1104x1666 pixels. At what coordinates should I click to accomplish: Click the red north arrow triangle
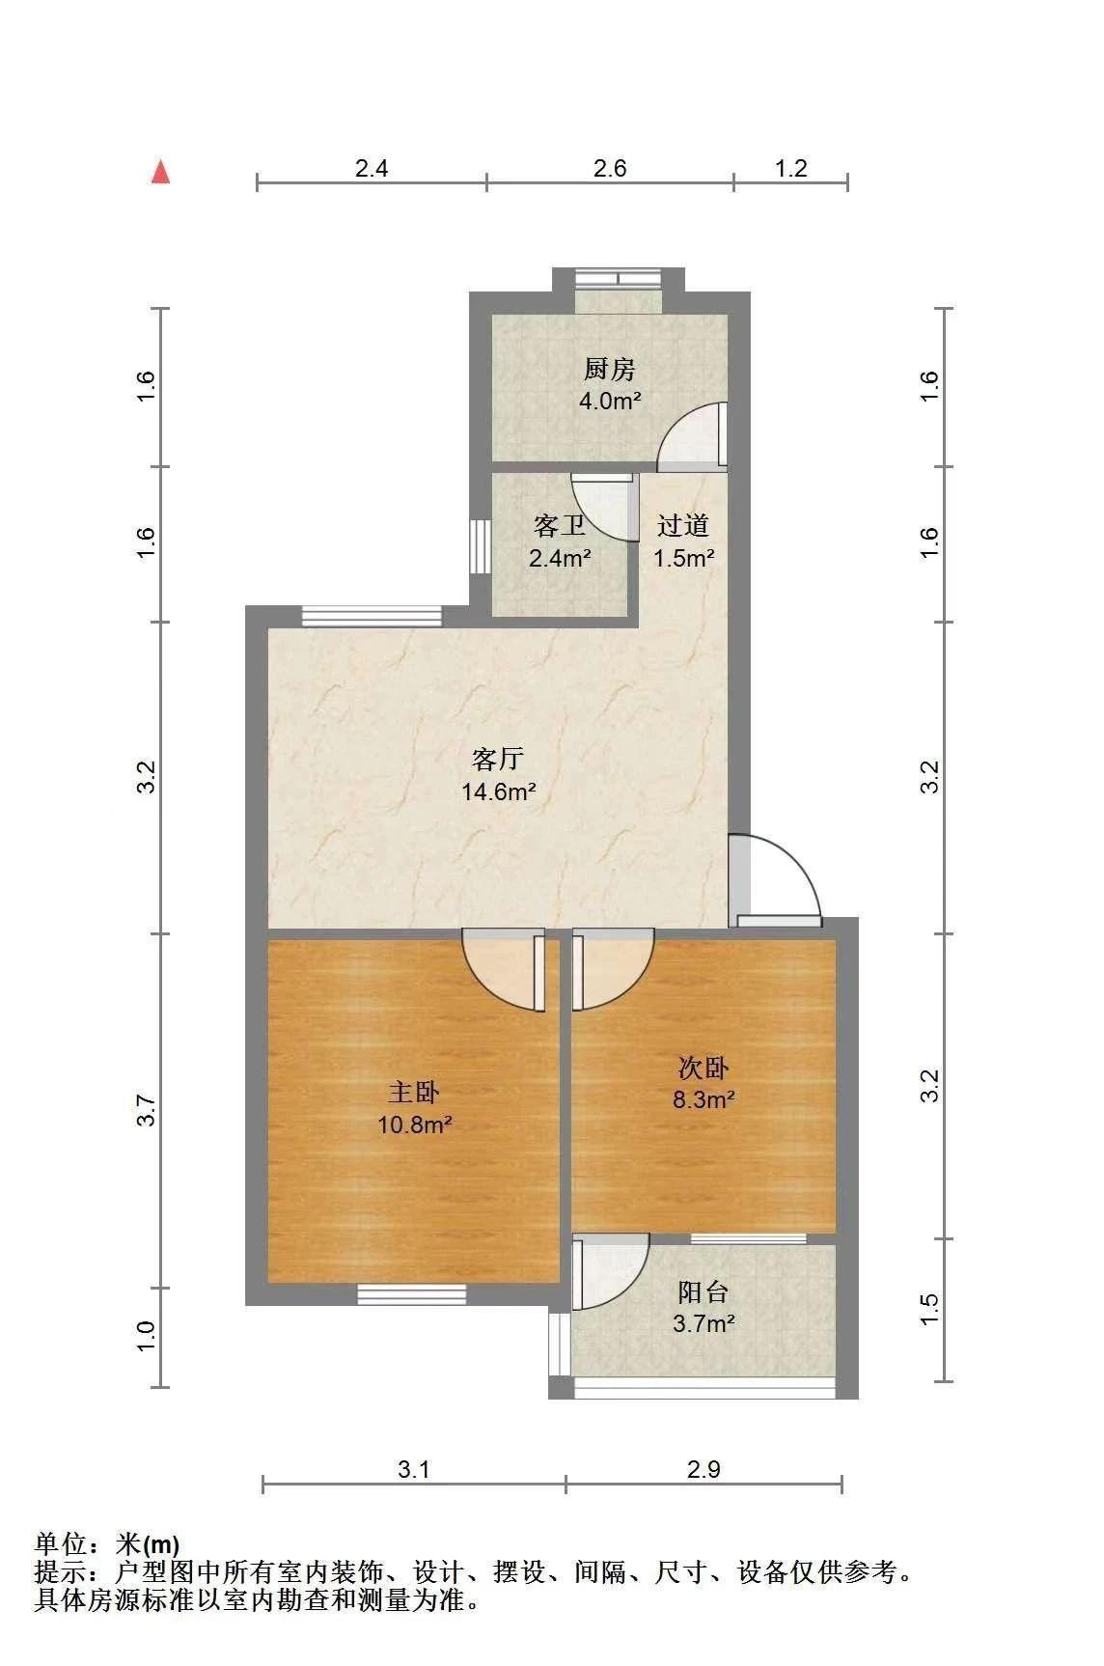(x=160, y=172)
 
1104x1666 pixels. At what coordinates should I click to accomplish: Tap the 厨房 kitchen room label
(x=610, y=369)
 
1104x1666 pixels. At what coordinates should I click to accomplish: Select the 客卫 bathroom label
(x=560, y=526)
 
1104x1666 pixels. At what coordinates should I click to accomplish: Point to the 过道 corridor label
(x=683, y=525)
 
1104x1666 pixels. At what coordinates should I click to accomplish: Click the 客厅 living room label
(x=498, y=759)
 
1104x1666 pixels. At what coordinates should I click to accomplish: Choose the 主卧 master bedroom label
(x=415, y=1092)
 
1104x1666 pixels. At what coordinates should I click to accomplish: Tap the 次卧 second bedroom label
(x=704, y=1068)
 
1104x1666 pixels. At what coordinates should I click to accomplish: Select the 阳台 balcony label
(x=704, y=1291)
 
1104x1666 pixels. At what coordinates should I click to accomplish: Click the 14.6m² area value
(x=498, y=792)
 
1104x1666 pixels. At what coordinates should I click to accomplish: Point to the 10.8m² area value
(x=415, y=1125)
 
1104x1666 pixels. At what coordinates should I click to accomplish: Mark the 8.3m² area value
(x=704, y=1099)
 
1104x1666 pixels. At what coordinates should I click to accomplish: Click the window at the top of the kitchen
(x=618, y=280)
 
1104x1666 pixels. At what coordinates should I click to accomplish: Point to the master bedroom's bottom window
(x=412, y=1294)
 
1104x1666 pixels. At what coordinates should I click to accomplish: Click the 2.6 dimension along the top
(x=610, y=169)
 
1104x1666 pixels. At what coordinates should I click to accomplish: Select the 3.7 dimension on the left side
(x=146, y=1110)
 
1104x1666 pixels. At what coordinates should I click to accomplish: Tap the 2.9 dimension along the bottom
(x=704, y=1469)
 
